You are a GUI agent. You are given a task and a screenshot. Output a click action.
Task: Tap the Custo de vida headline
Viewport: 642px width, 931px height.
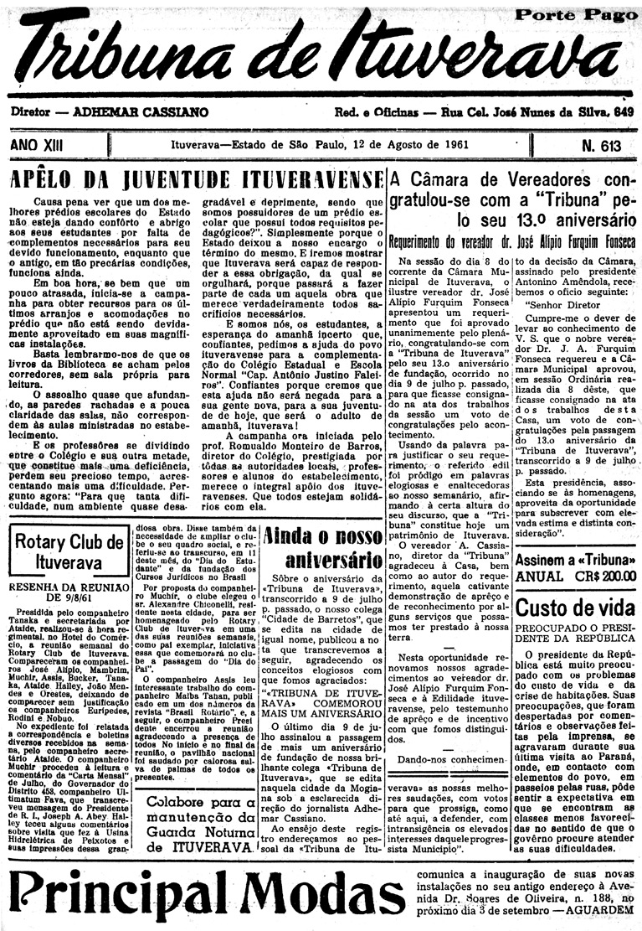pyautogui.click(x=575, y=608)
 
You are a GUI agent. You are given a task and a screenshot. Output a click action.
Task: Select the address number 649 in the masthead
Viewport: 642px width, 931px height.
pyautogui.click(x=622, y=111)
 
